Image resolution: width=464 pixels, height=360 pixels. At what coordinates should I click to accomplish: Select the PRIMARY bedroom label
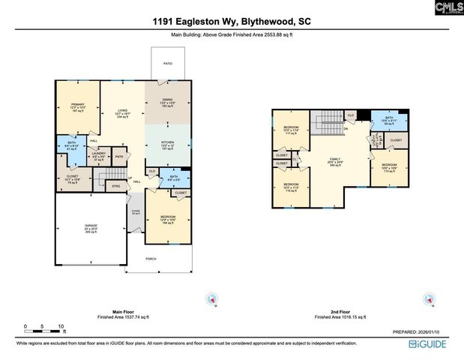click(78, 104)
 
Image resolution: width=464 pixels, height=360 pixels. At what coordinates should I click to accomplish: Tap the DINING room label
click(168, 100)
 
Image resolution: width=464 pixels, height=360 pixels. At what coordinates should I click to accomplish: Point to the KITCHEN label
click(168, 140)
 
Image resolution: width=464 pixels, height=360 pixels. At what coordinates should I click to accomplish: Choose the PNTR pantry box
click(119, 157)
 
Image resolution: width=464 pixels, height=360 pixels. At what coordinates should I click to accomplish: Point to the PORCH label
click(151, 259)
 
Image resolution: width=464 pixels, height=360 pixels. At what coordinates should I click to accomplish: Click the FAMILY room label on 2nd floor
click(334, 159)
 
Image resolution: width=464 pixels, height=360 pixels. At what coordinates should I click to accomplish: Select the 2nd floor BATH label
click(388, 117)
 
